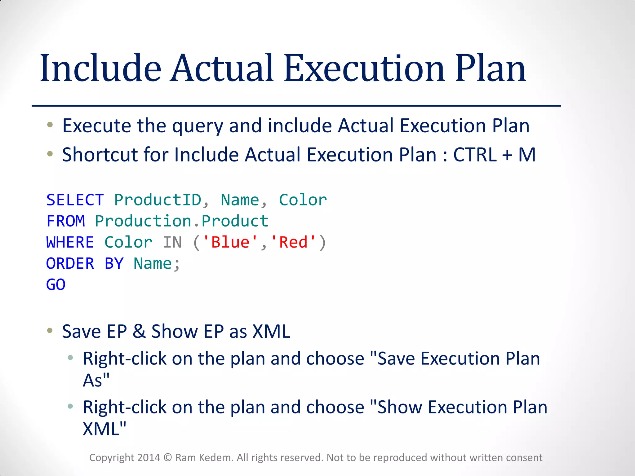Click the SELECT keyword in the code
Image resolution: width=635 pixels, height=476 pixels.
coord(75,200)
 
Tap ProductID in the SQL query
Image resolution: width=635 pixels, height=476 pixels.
coord(158,200)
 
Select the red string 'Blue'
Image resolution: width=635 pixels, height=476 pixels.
coord(230,242)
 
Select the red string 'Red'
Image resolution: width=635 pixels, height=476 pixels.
coord(293,242)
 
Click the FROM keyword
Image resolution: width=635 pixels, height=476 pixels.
coord(65,221)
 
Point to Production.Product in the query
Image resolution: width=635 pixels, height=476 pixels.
coord(181,221)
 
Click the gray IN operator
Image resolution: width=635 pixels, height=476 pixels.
coord(172,242)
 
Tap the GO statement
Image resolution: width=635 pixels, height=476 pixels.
coord(56,284)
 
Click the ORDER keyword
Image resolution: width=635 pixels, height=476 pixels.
coord(70,263)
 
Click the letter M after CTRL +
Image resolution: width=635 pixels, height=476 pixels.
coord(527,155)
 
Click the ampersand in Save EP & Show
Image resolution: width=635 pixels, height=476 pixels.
coord(139,331)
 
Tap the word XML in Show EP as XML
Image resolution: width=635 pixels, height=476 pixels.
coord(271,331)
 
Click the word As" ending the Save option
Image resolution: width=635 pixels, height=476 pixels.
coord(96,380)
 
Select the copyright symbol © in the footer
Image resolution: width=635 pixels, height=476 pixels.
coord(167,458)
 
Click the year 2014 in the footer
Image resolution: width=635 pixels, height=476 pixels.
coord(149,458)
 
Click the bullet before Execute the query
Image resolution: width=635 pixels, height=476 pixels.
coord(50,125)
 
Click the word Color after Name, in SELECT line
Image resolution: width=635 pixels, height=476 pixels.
coord(303,200)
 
